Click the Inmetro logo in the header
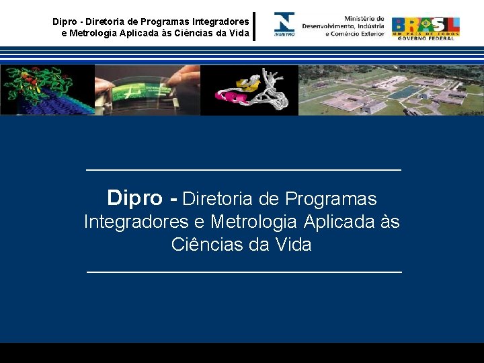[284, 24]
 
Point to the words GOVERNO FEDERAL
[426, 38]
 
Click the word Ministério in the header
[364, 19]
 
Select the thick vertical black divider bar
[254, 26]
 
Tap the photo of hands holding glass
[147, 89]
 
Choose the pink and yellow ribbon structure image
[249, 90]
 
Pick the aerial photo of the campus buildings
[391, 90]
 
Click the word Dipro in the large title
[134, 199]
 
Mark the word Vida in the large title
[294, 245]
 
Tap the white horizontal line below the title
[243, 272]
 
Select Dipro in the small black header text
[65, 22]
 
